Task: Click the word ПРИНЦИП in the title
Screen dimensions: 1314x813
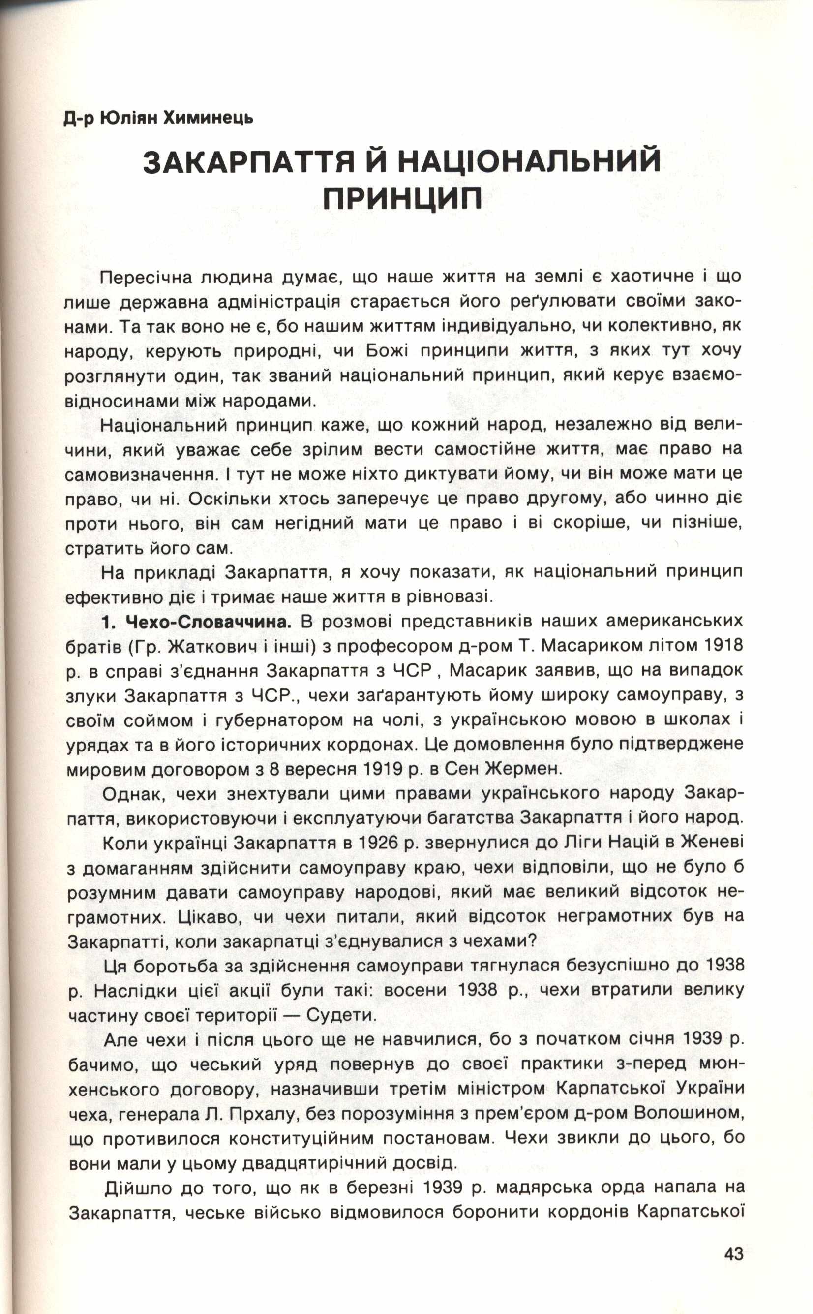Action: (x=402, y=199)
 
